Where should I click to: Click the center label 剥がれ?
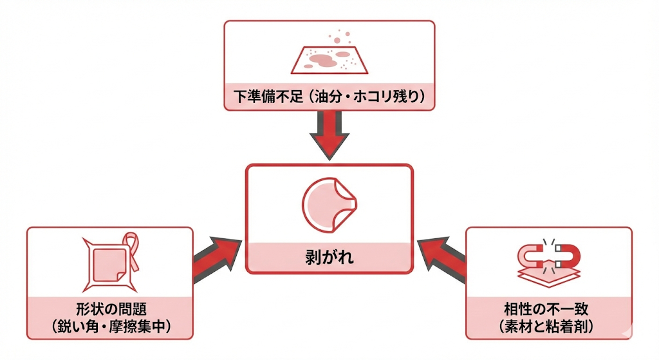click(x=329, y=259)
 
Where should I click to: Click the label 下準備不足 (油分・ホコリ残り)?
click(x=329, y=97)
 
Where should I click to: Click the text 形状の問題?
click(x=109, y=308)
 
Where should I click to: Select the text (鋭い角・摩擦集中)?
click(x=109, y=326)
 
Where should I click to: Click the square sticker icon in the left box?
click(x=109, y=264)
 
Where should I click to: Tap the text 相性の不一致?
click(x=549, y=308)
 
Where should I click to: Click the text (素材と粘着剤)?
click(x=549, y=326)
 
